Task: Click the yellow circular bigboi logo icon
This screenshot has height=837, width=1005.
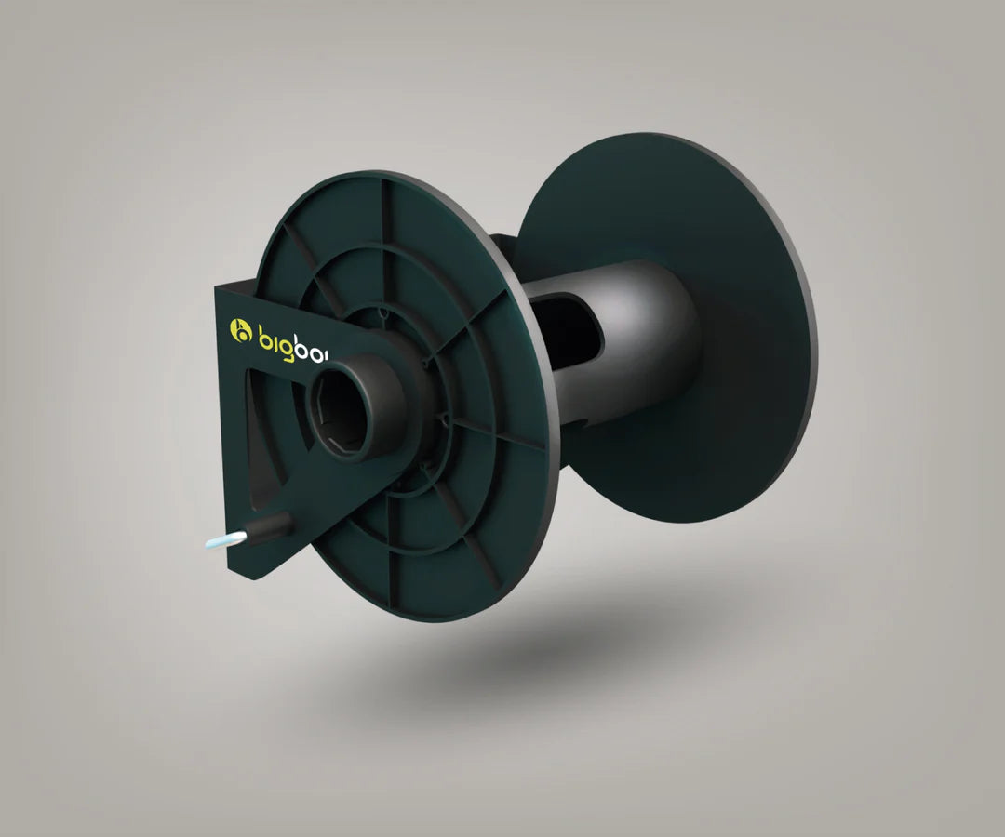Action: (242, 330)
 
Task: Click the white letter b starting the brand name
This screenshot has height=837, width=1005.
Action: (264, 333)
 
